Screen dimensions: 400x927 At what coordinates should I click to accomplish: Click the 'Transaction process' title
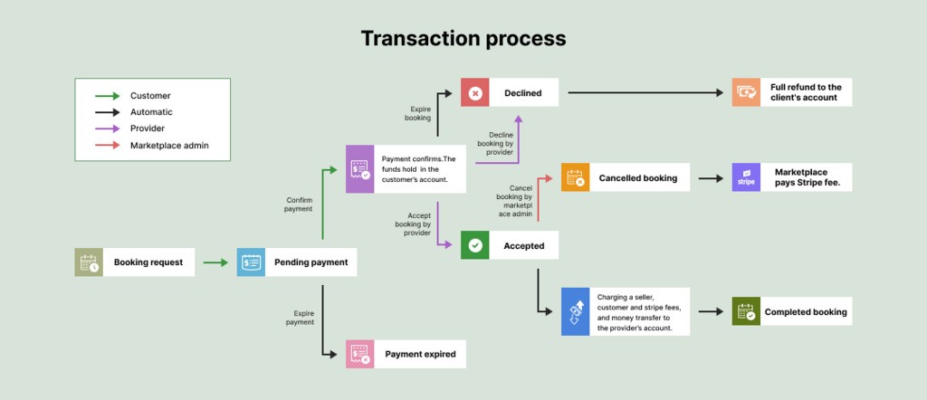pos(463,38)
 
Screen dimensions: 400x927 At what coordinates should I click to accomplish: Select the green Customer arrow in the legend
pos(107,95)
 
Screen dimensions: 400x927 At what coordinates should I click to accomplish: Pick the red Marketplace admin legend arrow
pos(107,146)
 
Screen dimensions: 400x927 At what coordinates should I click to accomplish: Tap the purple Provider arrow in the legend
pos(107,129)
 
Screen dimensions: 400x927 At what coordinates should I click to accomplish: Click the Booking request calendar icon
pos(89,262)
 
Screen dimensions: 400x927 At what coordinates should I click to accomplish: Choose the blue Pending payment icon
pos(251,262)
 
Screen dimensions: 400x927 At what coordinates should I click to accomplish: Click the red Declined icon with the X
pos(475,92)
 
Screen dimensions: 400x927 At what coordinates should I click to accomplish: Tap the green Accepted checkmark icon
pos(475,245)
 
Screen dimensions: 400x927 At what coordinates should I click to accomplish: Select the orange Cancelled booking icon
pos(575,178)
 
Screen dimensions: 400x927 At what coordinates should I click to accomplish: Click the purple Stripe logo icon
pos(746,178)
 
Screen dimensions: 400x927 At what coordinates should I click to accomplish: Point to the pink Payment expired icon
pos(360,354)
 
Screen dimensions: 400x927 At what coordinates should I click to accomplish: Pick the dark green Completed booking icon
pos(746,312)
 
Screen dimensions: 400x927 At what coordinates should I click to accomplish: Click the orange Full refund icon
pos(746,92)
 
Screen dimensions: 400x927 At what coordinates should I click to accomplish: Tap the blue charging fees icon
pos(575,312)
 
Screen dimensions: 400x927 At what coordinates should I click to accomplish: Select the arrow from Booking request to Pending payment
pos(215,262)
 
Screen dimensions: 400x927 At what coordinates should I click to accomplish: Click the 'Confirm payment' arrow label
pos(299,205)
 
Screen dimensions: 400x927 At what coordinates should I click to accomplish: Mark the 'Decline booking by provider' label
pos(494,143)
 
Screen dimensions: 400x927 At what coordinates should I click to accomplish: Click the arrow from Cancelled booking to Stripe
pos(710,178)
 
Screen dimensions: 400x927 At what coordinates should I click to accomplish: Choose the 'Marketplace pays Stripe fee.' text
pos(800,178)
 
